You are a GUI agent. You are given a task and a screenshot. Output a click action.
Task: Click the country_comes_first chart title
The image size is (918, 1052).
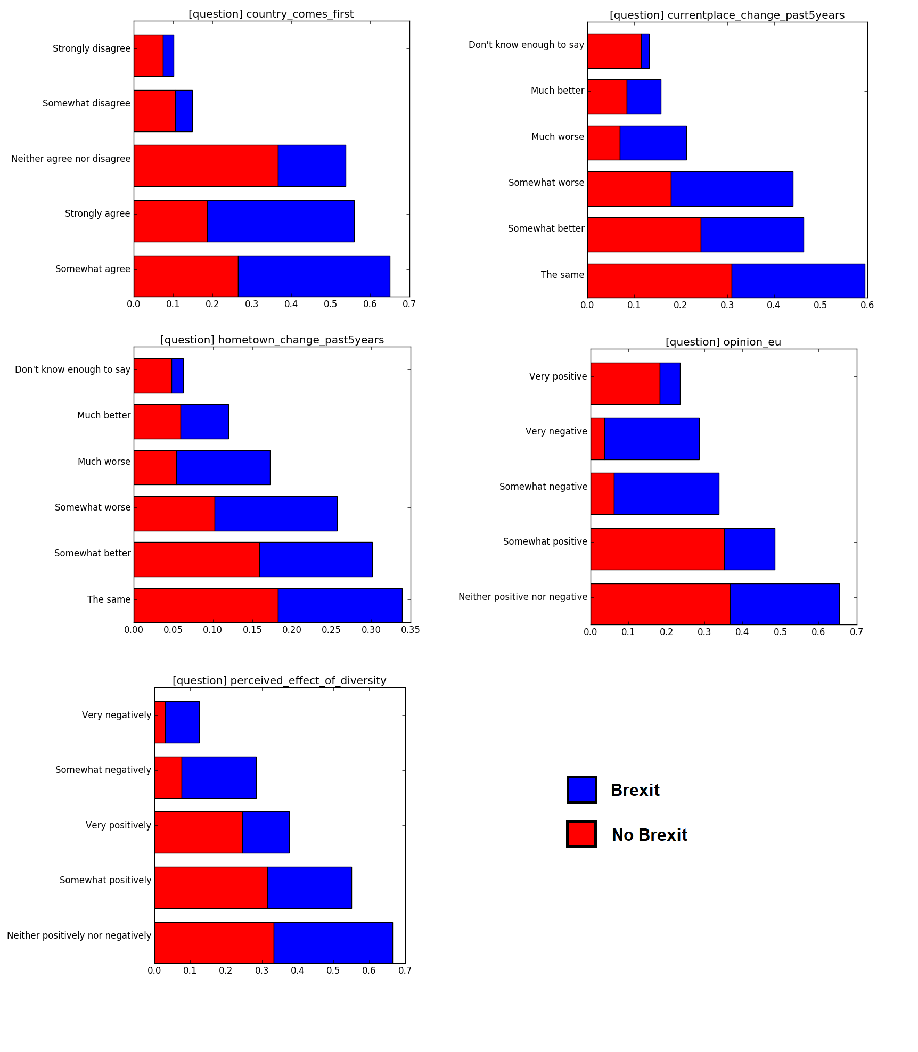[271, 14]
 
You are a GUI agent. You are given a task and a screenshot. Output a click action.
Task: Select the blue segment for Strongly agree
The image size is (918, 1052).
[280, 221]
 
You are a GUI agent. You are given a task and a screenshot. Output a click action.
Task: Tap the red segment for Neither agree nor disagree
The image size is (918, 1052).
[206, 166]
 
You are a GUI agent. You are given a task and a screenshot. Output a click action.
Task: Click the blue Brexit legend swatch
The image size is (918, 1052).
[581, 790]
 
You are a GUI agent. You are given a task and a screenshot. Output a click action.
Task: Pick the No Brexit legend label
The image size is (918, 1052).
[649, 835]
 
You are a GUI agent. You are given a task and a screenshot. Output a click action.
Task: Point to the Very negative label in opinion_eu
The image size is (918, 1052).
[556, 431]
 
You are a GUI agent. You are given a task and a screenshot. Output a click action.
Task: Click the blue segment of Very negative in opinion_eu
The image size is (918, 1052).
[651, 439]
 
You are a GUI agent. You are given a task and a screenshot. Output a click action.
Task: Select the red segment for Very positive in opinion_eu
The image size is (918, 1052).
[625, 383]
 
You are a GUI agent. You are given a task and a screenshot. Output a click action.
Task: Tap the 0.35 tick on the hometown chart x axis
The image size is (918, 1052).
[410, 630]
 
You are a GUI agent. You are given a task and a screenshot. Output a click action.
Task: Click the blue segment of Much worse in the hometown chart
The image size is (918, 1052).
[223, 467]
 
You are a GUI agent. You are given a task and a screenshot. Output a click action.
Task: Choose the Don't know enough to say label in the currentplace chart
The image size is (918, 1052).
[526, 45]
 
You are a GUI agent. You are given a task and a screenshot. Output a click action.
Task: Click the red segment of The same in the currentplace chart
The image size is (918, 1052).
[659, 281]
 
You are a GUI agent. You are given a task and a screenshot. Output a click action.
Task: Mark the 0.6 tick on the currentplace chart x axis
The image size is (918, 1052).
[867, 305]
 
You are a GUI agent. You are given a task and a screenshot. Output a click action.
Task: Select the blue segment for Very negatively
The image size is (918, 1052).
[182, 722]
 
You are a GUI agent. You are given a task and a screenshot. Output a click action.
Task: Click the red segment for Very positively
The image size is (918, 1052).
[198, 832]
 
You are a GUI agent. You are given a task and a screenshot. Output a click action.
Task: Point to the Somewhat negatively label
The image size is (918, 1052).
[103, 770]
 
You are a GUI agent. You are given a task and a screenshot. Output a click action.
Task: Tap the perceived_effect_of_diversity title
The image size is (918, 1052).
[279, 680]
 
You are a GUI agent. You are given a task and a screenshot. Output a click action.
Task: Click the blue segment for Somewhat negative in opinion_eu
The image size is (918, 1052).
[666, 494]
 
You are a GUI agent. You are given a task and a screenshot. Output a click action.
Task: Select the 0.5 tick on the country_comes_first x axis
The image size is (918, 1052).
[330, 304]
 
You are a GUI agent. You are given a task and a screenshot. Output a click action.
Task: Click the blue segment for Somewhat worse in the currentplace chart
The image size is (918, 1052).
[731, 188]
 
